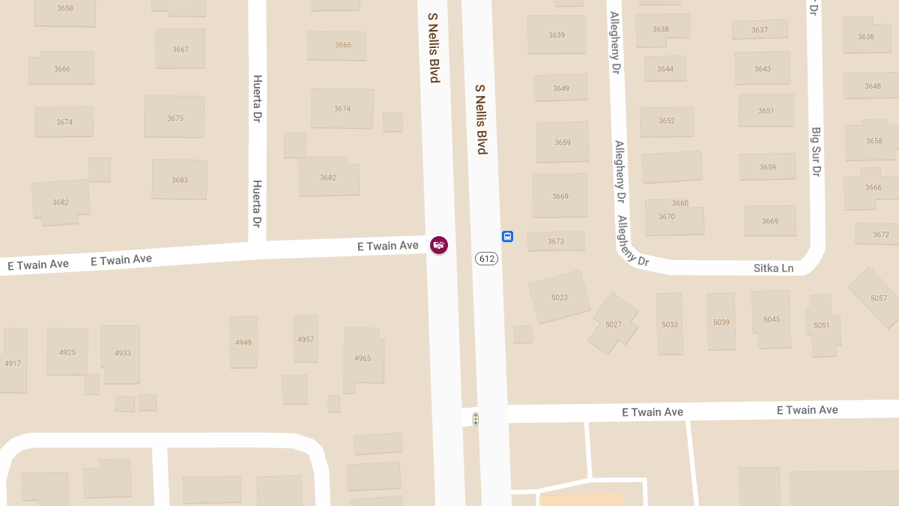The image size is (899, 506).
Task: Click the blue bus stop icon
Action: [507, 236]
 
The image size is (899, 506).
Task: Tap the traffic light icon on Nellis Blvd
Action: [475, 419]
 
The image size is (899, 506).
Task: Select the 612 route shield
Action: [486, 259]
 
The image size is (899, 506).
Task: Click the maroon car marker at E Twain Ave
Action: [439, 245]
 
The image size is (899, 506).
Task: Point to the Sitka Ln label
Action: [773, 268]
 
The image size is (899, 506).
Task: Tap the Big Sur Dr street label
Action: [817, 151]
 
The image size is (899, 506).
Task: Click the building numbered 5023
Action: [560, 297]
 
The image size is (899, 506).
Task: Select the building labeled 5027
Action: [614, 324]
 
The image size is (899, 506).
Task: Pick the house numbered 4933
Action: [122, 353]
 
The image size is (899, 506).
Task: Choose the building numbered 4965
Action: [363, 358]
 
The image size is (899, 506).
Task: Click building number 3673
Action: [555, 241]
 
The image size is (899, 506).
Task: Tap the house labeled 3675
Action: [175, 118]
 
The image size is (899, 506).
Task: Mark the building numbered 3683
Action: [179, 180]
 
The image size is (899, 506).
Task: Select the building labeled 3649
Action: [560, 88]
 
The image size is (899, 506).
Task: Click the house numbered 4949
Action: [243, 343]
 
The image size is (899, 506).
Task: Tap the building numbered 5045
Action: [772, 319]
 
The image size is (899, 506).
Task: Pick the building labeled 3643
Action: [762, 69]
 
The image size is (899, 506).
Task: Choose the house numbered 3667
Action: [180, 49]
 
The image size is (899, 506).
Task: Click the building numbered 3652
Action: [666, 121]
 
